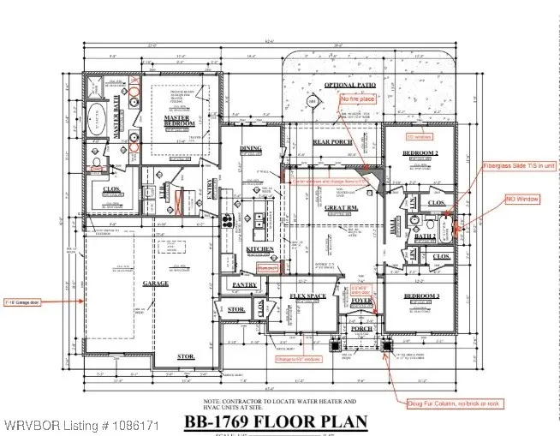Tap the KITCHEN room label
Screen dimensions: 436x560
[260, 249]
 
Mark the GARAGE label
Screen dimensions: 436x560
[156, 283]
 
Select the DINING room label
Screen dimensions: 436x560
[250, 149]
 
